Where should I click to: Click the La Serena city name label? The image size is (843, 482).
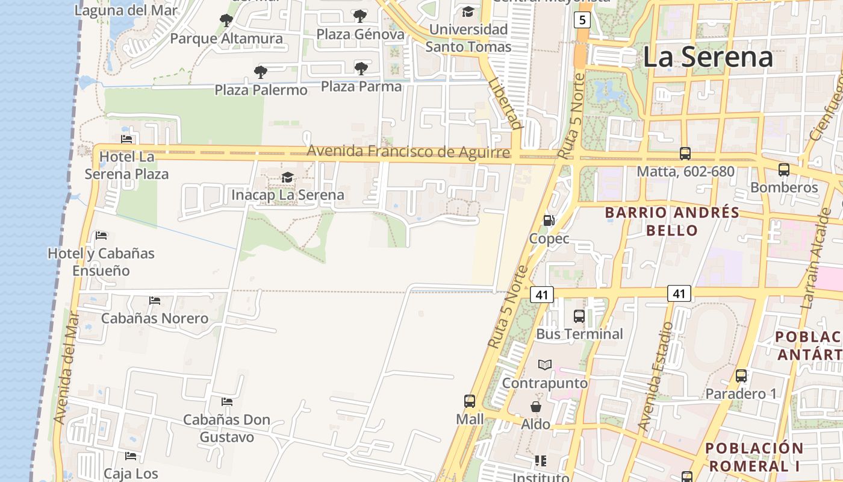point(708,57)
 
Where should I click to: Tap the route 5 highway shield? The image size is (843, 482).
point(581,20)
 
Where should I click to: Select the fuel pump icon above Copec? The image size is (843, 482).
point(549,221)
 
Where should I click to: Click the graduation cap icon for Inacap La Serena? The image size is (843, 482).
point(288,177)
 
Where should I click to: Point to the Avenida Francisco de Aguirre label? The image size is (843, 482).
point(408,151)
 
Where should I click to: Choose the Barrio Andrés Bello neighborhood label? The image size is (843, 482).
point(672,221)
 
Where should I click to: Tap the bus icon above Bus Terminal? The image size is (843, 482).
point(579,316)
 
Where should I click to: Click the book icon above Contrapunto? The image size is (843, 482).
point(545,365)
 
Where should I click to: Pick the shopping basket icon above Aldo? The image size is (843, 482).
point(535,407)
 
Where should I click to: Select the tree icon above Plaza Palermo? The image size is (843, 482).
point(261,72)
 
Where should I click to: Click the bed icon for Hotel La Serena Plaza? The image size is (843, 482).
point(126,139)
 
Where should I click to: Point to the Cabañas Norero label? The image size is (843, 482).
point(155,318)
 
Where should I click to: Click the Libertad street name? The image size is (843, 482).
point(505,103)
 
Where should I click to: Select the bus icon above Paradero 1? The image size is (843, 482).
point(741,376)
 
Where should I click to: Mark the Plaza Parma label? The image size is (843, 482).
point(361,86)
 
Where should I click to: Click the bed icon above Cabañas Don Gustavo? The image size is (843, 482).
point(227,401)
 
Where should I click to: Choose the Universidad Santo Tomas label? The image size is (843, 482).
point(468,38)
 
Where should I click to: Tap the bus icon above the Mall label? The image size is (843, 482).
point(470,401)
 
